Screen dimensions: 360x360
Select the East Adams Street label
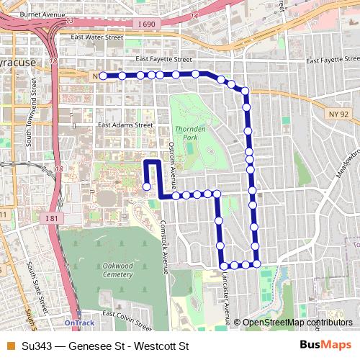coord(125,124)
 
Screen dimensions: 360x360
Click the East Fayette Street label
coord(163,60)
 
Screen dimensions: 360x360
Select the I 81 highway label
coord(51,218)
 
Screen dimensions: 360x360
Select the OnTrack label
coord(78,323)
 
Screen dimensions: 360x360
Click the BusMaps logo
coord(326,345)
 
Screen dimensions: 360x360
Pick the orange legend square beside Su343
coord(9,346)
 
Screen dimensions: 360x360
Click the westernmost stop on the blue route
coord(103,75)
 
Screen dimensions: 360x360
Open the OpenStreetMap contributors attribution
coord(297,323)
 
